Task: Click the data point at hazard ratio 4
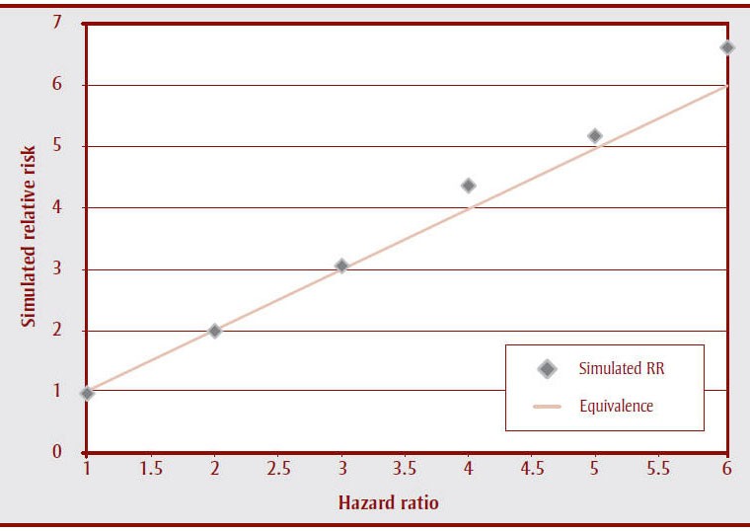[x=468, y=186]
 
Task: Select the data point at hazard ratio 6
[x=727, y=47]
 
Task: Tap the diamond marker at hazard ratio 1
[x=87, y=393]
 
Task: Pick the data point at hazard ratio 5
[x=595, y=136]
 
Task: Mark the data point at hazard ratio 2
[x=214, y=331]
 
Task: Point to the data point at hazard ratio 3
[x=341, y=265]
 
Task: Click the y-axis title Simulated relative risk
[x=30, y=238]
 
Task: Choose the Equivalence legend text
[x=617, y=405]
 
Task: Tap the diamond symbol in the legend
[x=548, y=369]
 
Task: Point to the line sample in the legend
[x=548, y=406]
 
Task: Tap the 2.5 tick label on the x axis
[x=278, y=470]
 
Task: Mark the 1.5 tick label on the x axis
[x=151, y=470]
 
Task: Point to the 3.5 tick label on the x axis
[x=406, y=470]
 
